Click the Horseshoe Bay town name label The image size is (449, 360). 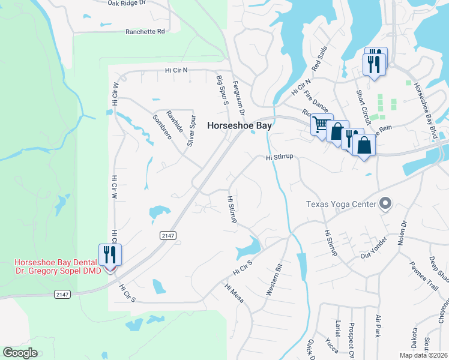click(240, 126)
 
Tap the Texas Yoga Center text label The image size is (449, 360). click(340, 204)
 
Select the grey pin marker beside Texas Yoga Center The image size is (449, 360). click(384, 204)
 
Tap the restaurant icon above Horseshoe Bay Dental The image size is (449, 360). click(110, 254)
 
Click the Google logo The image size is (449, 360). click(20, 353)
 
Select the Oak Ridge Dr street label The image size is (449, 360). click(127, 3)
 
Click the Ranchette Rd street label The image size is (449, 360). click(145, 32)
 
